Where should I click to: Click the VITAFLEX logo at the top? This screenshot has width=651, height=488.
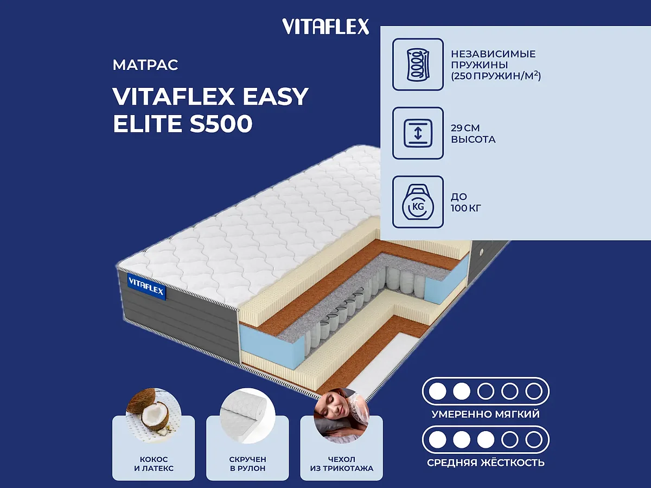tap(325, 26)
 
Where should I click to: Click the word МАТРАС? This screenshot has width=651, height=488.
tap(145, 66)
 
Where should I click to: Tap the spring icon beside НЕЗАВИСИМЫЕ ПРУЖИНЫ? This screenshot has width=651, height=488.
tap(418, 64)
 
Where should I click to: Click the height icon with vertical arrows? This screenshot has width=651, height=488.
tap(418, 133)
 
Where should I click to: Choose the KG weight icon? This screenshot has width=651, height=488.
tap(418, 202)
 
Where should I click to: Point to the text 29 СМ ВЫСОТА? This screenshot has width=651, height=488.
tap(473, 133)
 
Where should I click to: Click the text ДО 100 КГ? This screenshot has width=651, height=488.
tap(466, 202)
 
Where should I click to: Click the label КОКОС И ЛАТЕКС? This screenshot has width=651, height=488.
tap(154, 464)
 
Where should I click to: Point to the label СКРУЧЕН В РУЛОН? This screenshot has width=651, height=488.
tap(247, 464)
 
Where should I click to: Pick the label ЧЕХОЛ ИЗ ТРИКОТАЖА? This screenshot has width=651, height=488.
tap(341, 464)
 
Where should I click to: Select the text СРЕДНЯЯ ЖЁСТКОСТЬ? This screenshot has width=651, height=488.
tap(486, 463)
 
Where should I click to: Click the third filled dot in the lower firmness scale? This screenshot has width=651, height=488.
tap(485, 439)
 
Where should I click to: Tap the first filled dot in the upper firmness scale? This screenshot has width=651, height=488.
tap(437, 390)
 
